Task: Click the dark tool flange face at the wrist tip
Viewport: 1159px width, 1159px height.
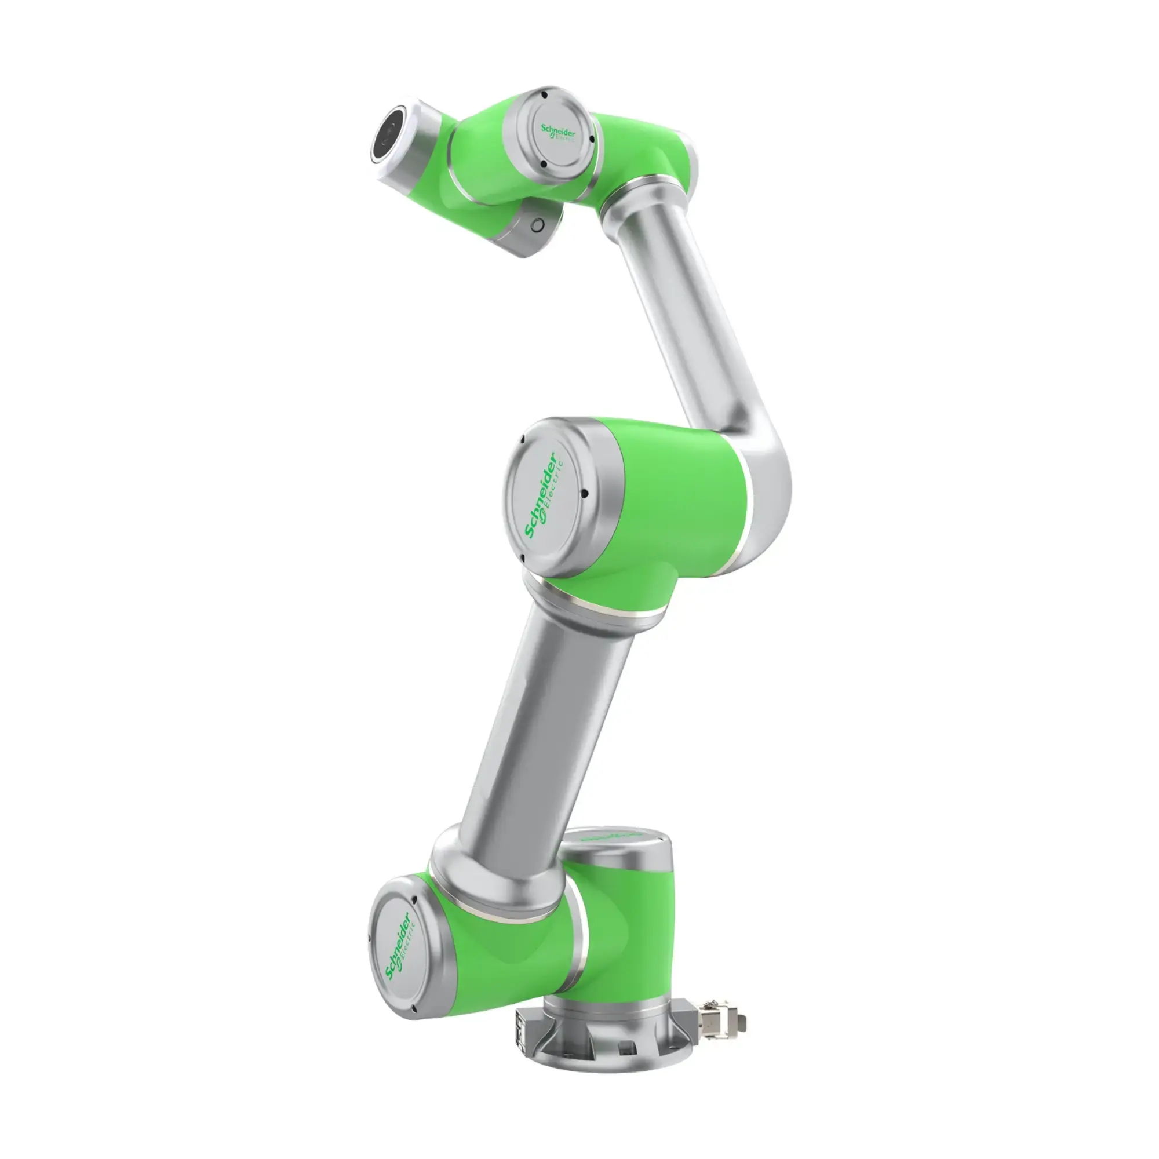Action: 389,137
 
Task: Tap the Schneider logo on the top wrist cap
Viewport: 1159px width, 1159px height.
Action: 557,134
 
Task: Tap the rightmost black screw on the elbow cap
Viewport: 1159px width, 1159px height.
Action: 584,495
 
